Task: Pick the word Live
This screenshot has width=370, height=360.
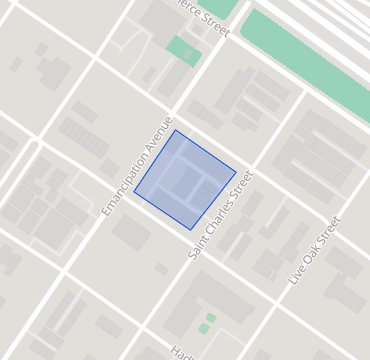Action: pos(295,275)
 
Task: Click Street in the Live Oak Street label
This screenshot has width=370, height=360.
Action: pos(327,232)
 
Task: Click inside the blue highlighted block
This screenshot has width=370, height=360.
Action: pos(185,180)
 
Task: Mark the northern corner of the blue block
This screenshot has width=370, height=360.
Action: pos(176,130)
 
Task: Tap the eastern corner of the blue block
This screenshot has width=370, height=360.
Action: pos(236,172)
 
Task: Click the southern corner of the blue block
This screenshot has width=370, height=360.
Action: pos(192,230)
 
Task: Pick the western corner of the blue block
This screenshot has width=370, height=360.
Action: pos(134,188)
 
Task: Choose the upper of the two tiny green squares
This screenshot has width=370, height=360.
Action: pos(211,318)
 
